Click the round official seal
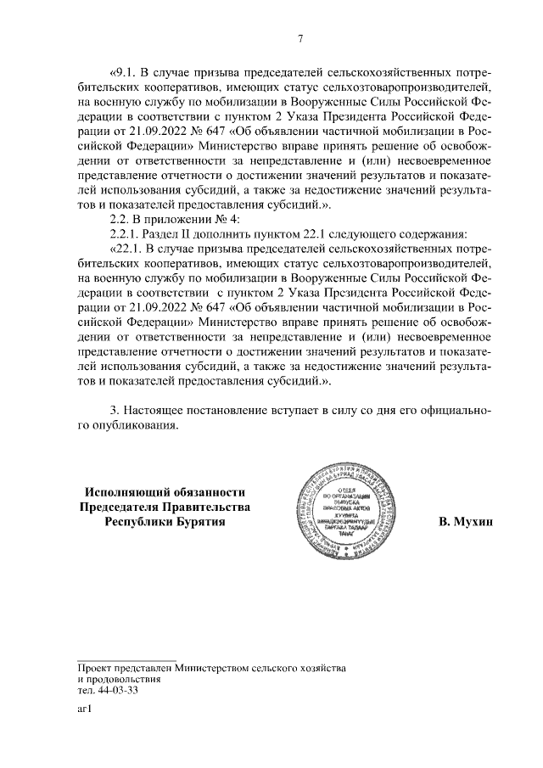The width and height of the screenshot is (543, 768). (344, 507)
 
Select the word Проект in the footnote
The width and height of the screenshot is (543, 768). (92, 669)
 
